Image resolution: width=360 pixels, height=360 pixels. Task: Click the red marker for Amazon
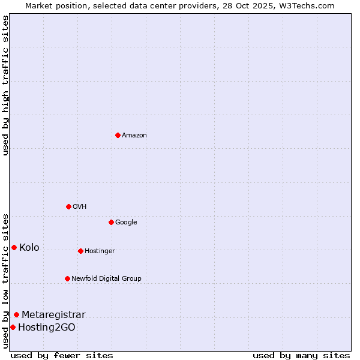coord(118,135)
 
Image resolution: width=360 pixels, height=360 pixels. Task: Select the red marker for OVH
coord(68,206)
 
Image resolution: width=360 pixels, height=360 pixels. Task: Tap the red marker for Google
coord(111,222)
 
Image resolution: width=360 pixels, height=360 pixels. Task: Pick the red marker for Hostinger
coord(80,251)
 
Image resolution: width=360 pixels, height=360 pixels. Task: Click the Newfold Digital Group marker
coord(67,278)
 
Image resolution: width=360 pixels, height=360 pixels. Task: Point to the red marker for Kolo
coord(14,247)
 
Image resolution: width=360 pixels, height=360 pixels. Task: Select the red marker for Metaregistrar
coord(16,314)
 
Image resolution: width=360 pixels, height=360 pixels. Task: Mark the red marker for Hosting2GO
coord(13,327)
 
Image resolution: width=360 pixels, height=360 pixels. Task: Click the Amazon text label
coord(134,136)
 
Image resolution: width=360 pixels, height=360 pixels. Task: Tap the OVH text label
coord(80,207)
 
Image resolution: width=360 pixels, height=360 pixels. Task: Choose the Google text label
coord(126,223)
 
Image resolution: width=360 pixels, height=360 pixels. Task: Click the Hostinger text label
coord(100,251)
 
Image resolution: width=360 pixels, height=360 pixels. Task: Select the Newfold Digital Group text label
coord(106,279)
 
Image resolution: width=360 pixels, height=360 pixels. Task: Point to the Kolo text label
coord(29,248)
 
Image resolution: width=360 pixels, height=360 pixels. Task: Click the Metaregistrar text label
coord(53,315)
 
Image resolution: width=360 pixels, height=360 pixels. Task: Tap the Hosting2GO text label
coord(47,328)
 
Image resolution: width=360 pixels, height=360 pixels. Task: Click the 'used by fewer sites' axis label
coord(62,355)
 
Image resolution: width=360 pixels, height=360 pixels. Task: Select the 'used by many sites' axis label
coord(301,355)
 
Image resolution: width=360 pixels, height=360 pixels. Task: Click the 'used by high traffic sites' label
coord(5,85)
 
